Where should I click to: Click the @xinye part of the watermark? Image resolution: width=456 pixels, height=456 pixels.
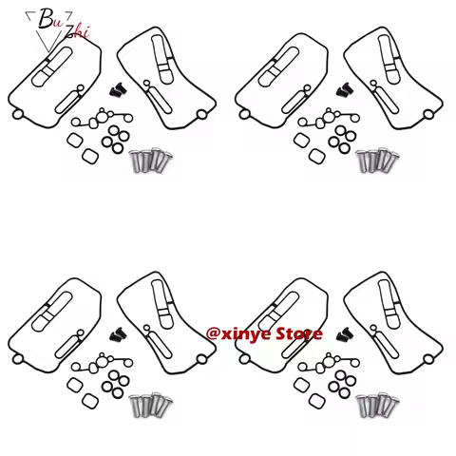(x=237, y=334)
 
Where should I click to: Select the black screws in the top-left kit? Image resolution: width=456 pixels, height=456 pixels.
(x=117, y=90)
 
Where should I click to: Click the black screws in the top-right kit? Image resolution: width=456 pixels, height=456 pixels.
(x=345, y=90)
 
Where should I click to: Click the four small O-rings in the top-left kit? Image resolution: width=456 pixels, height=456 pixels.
(x=114, y=139)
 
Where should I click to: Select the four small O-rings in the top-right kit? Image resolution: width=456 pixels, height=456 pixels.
(x=342, y=139)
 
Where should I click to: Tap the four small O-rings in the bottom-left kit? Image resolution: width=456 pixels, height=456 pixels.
(x=114, y=384)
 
